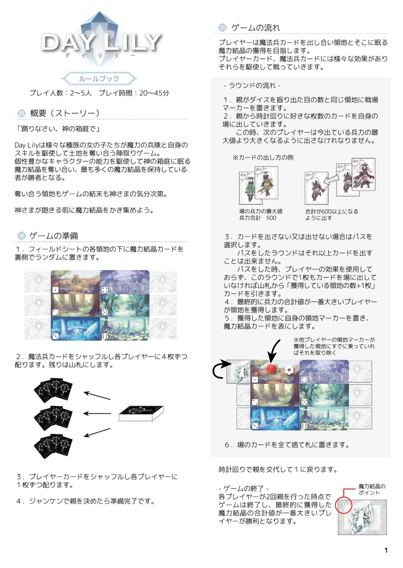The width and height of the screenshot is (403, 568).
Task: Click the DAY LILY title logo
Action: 101,42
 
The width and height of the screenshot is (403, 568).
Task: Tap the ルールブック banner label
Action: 99,78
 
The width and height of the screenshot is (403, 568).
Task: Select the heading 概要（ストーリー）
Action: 65,113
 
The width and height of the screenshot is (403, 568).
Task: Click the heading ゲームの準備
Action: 54,236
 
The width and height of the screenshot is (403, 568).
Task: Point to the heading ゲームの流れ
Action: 256,28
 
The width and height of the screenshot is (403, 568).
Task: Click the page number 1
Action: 386,550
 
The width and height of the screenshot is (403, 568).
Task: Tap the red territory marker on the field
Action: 271,369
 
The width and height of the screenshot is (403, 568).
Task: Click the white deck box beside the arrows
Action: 141,413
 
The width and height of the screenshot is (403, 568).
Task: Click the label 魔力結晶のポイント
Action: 372,489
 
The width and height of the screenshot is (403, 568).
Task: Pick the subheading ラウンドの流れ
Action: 252,85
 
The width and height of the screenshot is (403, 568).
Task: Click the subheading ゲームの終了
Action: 244,488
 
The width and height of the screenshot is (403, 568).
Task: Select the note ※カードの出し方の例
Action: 263,158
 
